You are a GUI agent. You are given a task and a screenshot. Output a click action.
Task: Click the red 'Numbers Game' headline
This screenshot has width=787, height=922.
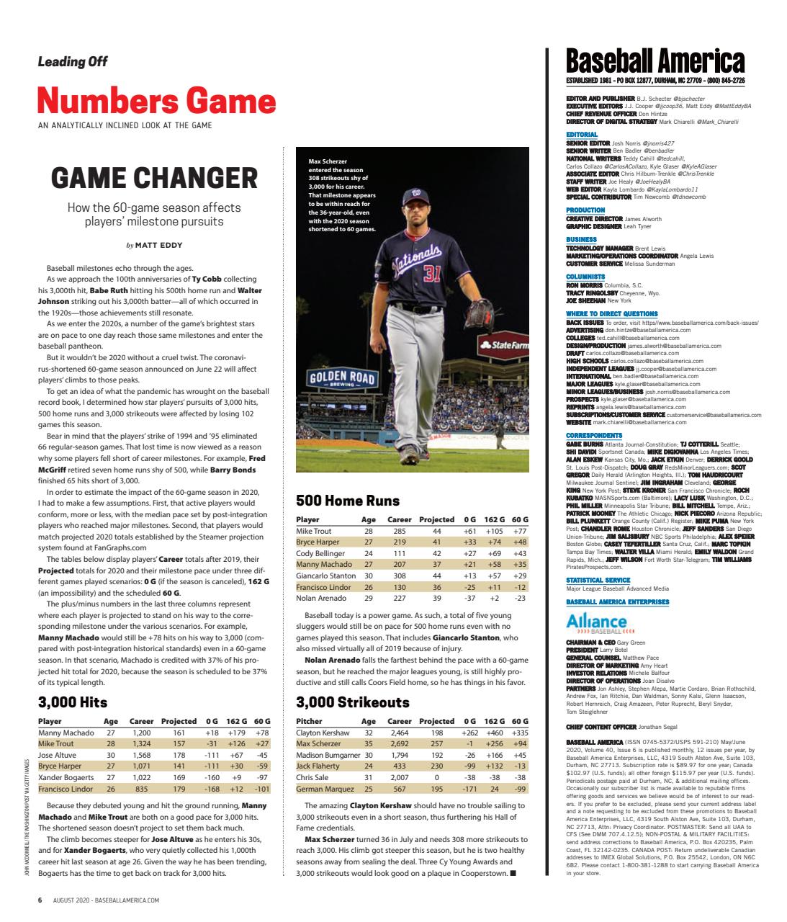(156, 101)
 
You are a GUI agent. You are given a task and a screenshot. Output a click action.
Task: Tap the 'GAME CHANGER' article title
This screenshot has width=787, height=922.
(154, 177)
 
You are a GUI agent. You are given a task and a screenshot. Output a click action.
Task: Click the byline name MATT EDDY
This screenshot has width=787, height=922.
(158, 245)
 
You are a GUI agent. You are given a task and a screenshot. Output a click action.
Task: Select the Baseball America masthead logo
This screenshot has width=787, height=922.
(655, 60)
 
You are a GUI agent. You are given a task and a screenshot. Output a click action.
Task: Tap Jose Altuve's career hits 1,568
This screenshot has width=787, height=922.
(140, 755)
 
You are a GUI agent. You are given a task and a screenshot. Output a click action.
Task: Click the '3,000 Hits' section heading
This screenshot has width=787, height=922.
(72, 702)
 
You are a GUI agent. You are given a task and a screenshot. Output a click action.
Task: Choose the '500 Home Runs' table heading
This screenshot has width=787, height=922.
(348, 501)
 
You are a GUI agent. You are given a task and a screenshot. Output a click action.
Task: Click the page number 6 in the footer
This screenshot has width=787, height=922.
(41, 900)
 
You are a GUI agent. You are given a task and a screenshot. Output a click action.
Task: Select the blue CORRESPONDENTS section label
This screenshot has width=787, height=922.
(594, 436)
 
